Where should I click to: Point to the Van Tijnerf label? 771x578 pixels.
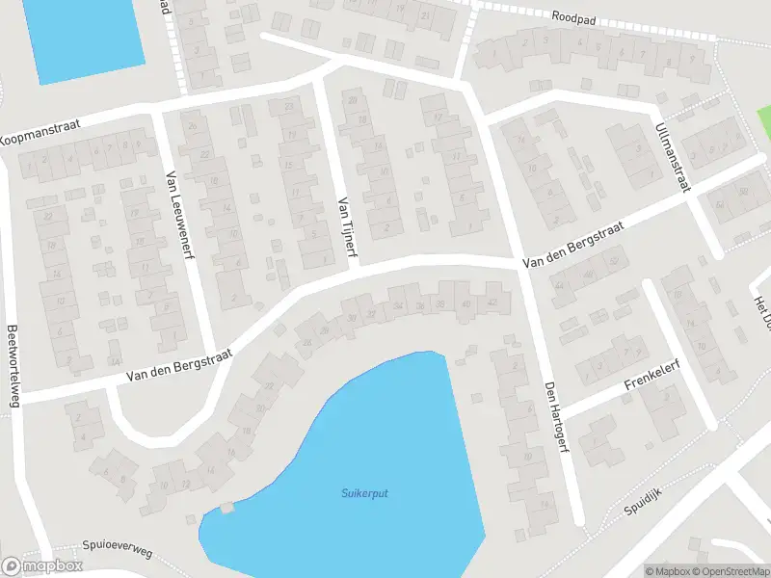pos(342,230)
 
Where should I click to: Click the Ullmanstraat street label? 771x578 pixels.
pos(672,157)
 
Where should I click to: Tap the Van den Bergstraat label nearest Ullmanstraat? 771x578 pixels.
pos(573,247)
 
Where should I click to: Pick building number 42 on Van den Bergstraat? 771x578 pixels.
pos(493,302)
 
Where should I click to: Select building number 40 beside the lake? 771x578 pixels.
pos(466,304)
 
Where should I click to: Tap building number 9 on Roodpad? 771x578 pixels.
pos(691,56)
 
